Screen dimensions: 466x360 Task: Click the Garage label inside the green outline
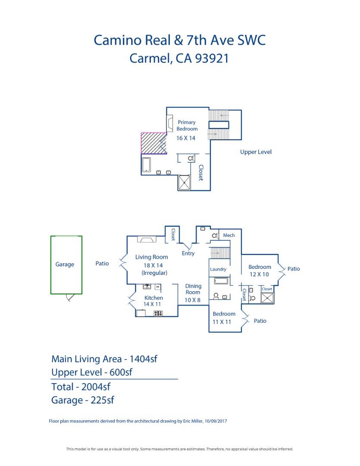[65, 264]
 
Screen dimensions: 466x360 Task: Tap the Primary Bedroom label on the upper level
[187, 126]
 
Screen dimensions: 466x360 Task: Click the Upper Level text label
[256, 152]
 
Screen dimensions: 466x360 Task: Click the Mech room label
[229, 235]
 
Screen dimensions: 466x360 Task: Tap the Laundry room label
[218, 269]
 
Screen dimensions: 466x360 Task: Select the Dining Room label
[193, 289]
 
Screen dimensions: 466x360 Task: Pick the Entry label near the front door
[188, 253]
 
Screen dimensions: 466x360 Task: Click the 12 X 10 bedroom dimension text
[259, 274]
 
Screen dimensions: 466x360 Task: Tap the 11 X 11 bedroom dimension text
[222, 322]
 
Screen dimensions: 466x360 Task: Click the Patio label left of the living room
[102, 263]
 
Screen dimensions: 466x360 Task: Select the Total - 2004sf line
[81, 387]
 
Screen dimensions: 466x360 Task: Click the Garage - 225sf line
[82, 400]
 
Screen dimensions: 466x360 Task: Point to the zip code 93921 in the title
[212, 58]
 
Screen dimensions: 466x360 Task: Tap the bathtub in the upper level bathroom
[146, 165]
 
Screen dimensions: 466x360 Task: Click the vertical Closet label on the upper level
[200, 173]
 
